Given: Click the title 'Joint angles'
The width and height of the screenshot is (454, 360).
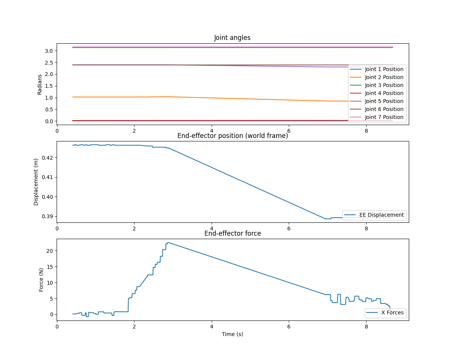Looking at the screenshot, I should [232, 38].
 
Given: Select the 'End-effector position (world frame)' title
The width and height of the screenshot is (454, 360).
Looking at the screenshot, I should [233, 136].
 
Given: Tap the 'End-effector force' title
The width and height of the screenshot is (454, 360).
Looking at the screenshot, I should [233, 233].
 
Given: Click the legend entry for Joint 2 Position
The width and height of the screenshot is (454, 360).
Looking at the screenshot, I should [384, 77].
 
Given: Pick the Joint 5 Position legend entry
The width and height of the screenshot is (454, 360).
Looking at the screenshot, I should [384, 101].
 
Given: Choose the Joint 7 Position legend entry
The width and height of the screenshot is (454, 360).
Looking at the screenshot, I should [384, 117].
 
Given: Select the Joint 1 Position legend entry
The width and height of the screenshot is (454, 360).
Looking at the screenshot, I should [384, 69].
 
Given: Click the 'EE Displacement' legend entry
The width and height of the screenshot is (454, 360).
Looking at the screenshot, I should [381, 215].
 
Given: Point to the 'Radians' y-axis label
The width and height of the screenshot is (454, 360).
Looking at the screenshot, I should [40, 84].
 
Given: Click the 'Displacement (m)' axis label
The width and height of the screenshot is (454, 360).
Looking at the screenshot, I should [36, 182].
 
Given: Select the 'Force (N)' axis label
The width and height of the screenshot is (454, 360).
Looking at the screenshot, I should [41, 279].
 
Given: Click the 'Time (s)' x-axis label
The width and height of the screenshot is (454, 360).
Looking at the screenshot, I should [233, 334].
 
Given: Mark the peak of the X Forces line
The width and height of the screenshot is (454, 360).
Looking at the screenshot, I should [168, 242].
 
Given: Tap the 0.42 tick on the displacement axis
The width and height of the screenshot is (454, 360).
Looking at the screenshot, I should [47, 157].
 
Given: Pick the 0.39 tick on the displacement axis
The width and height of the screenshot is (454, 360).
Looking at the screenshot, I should [47, 216].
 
